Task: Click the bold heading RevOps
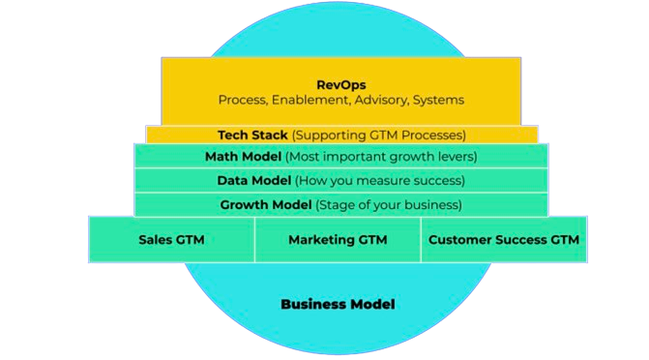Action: pos(340,84)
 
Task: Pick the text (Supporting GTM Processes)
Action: pos(378,135)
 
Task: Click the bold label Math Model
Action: pos(243,157)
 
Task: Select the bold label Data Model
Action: pos(253,180)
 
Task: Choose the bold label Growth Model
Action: pos(265,204)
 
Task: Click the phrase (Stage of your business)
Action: pos(388,204)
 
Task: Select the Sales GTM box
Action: pos(171,239)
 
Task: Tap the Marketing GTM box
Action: pos(338,239)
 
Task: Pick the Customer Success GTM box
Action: pos(504,239)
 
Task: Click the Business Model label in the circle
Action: pos(338,304)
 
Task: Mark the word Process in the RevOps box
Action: pos(242,100)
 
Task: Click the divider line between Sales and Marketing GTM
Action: pos(255,239)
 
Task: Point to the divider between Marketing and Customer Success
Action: pos(421,239)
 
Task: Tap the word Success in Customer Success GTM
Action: pos(522,239)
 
